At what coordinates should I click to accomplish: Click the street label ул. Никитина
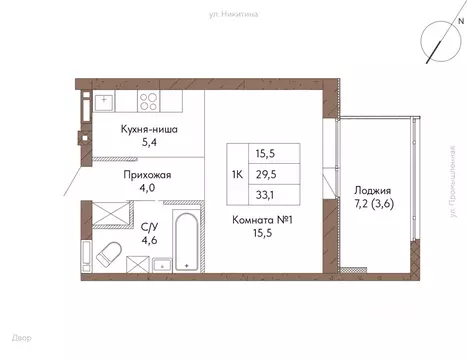click(233, 15)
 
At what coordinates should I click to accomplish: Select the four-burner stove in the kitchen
click(149, 100)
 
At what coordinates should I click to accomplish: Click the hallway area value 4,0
click(147, 189)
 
